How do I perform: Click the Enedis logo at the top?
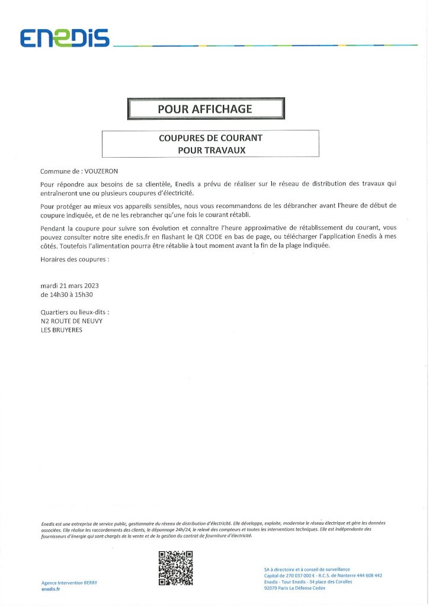tap(65, 39)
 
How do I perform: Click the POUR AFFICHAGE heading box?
tap(206, 109)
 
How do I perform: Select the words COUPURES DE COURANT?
tap(210, 138)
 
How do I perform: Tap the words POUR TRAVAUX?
tap(210, 150)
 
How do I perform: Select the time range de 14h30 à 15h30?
tap(68, 294)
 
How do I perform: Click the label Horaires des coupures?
tap(75, 260)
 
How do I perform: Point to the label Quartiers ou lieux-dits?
tap(75, 312)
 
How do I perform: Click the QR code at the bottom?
tap(176, 568)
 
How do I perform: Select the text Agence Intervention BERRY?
tap(69, 583)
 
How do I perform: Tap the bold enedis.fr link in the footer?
tap(51, 589)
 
